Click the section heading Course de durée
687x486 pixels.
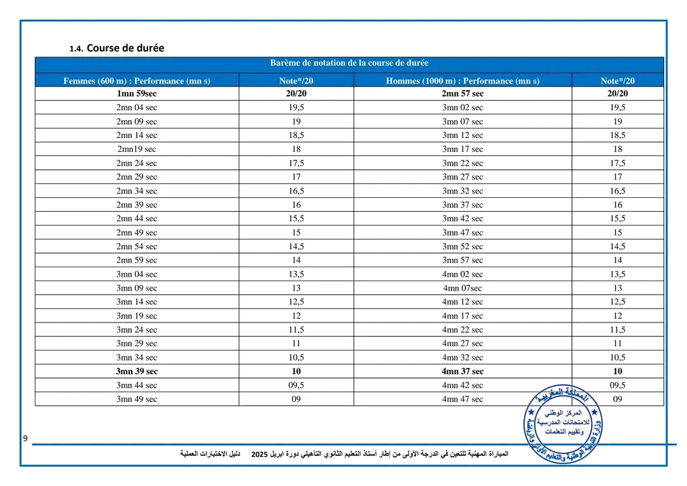click(x=125, y=48)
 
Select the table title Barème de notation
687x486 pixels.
click(x=349, y=63)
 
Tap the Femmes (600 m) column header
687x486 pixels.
click(x=137, y=81)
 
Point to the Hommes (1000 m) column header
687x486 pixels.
click(x=462, y=81)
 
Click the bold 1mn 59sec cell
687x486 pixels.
click(x=137, y=94)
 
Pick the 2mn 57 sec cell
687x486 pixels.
click(x=462, y=94)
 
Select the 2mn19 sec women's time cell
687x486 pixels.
click(x=137, y=149)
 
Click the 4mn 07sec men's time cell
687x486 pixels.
click(x=462, y=288)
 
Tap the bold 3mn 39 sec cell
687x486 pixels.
click(x=137, y=371)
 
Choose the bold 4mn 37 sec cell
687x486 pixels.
click(x=462, y=371)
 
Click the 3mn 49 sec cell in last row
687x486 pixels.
click(x=137, y=399)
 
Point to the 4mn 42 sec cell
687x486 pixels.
click(x=462, y=385)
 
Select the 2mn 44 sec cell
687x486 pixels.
click(x=137, y=219)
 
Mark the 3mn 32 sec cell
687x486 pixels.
click(x=462, y=191)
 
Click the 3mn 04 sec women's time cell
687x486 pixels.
click(x=137, y=274)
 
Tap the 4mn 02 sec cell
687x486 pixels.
click(x=462, y=274)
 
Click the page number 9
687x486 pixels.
click(x=25, y=439)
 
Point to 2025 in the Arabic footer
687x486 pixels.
click(x=260, y=454)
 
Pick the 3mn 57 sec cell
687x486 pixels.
click(x=462, y=260)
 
